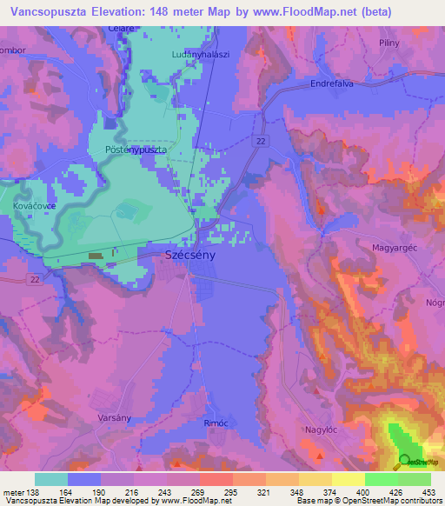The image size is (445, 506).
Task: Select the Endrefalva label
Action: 335,84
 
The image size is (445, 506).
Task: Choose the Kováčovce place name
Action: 37,206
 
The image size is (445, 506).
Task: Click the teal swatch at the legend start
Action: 51,479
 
